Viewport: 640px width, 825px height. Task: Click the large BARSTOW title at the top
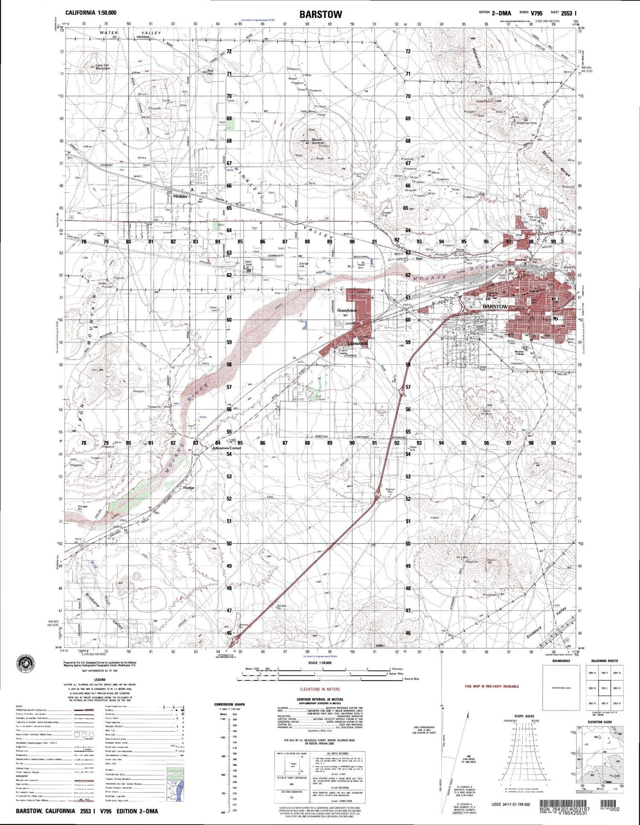tap(320, 14)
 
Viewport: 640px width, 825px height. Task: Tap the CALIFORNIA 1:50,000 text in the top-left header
tap(91, 13)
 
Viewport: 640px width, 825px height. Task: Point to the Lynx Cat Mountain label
tap(102, 67)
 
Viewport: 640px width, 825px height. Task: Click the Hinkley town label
tap(180, 196)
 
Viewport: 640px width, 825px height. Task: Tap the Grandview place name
tap(346, 310)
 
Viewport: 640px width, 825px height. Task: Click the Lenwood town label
tap(357, 343)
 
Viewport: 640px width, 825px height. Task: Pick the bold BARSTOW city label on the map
tap(495, 306)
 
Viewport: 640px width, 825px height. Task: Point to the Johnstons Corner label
tap(227, 448)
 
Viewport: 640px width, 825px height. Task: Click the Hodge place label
tap(189, 487)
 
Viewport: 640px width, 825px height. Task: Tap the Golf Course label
tap(320, 398)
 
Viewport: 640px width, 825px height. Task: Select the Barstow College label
tap(519, 353)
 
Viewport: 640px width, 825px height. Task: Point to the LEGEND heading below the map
tap(99, 679)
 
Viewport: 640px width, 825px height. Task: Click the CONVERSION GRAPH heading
tap(230, 704)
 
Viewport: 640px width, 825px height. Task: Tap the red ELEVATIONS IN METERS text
tap(320, 689)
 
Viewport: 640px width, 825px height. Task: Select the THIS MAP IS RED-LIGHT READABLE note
tap(492, 686)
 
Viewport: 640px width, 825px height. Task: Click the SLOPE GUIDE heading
tap(524, 716)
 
